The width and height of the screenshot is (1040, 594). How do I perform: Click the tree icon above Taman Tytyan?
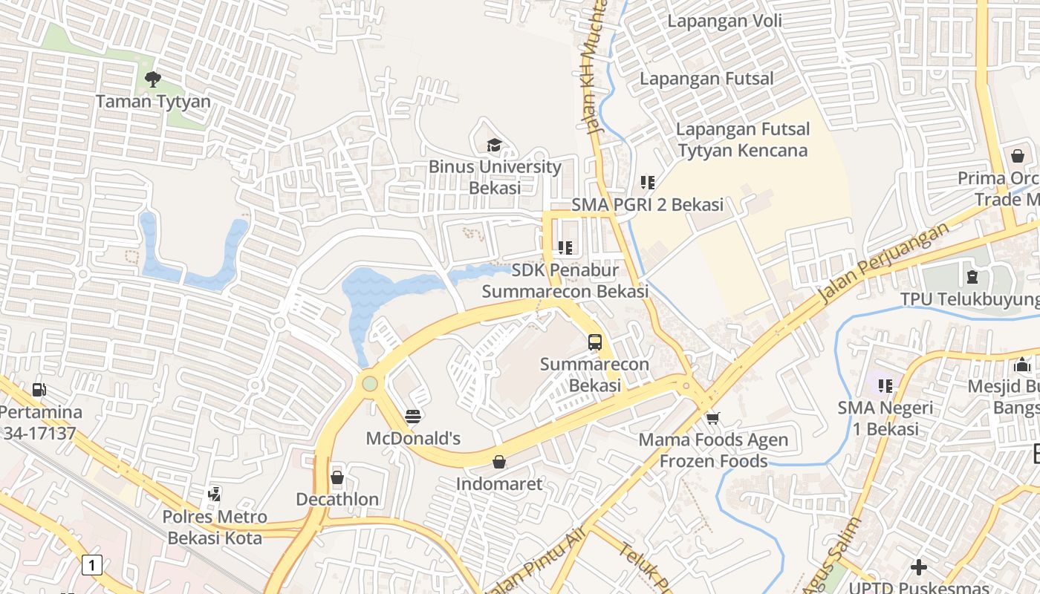click(x=153, y=79)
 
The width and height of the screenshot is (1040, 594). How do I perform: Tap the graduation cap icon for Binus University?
click(x=494, y=144)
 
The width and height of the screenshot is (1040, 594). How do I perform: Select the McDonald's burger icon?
click(x=413, y=417)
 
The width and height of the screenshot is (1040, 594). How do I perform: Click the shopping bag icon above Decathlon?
click(x=337, y=477)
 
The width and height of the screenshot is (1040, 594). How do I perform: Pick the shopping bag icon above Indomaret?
click(x=499, y=463)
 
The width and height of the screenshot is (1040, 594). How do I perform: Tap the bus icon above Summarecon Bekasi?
click(x=594, y=342)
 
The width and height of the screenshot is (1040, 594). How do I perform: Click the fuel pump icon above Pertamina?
click(x=39, y=389)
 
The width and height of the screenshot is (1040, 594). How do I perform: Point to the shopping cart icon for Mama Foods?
click(x=713, y=418)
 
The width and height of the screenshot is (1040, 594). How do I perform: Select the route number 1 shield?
click(x=91, y=565)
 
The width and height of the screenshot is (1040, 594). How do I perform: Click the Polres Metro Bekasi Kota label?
click(x=215, y=527)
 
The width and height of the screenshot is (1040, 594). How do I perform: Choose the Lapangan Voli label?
click(x=724, y=21)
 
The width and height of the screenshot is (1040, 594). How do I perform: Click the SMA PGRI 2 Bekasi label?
click(x=647, y=205)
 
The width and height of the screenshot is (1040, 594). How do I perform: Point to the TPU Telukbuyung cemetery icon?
click(x=972, y=278)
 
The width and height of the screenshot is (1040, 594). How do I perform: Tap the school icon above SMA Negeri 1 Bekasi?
click(x=885, y=386)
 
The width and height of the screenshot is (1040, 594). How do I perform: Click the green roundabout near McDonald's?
click(x=369, y=384)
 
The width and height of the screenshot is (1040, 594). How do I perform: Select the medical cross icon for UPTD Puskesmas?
click(x=918, y=567)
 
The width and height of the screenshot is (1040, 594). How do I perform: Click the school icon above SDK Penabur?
click(x=565, y=247)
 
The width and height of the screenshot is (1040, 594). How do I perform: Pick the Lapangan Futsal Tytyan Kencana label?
click(x=742, y=140)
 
